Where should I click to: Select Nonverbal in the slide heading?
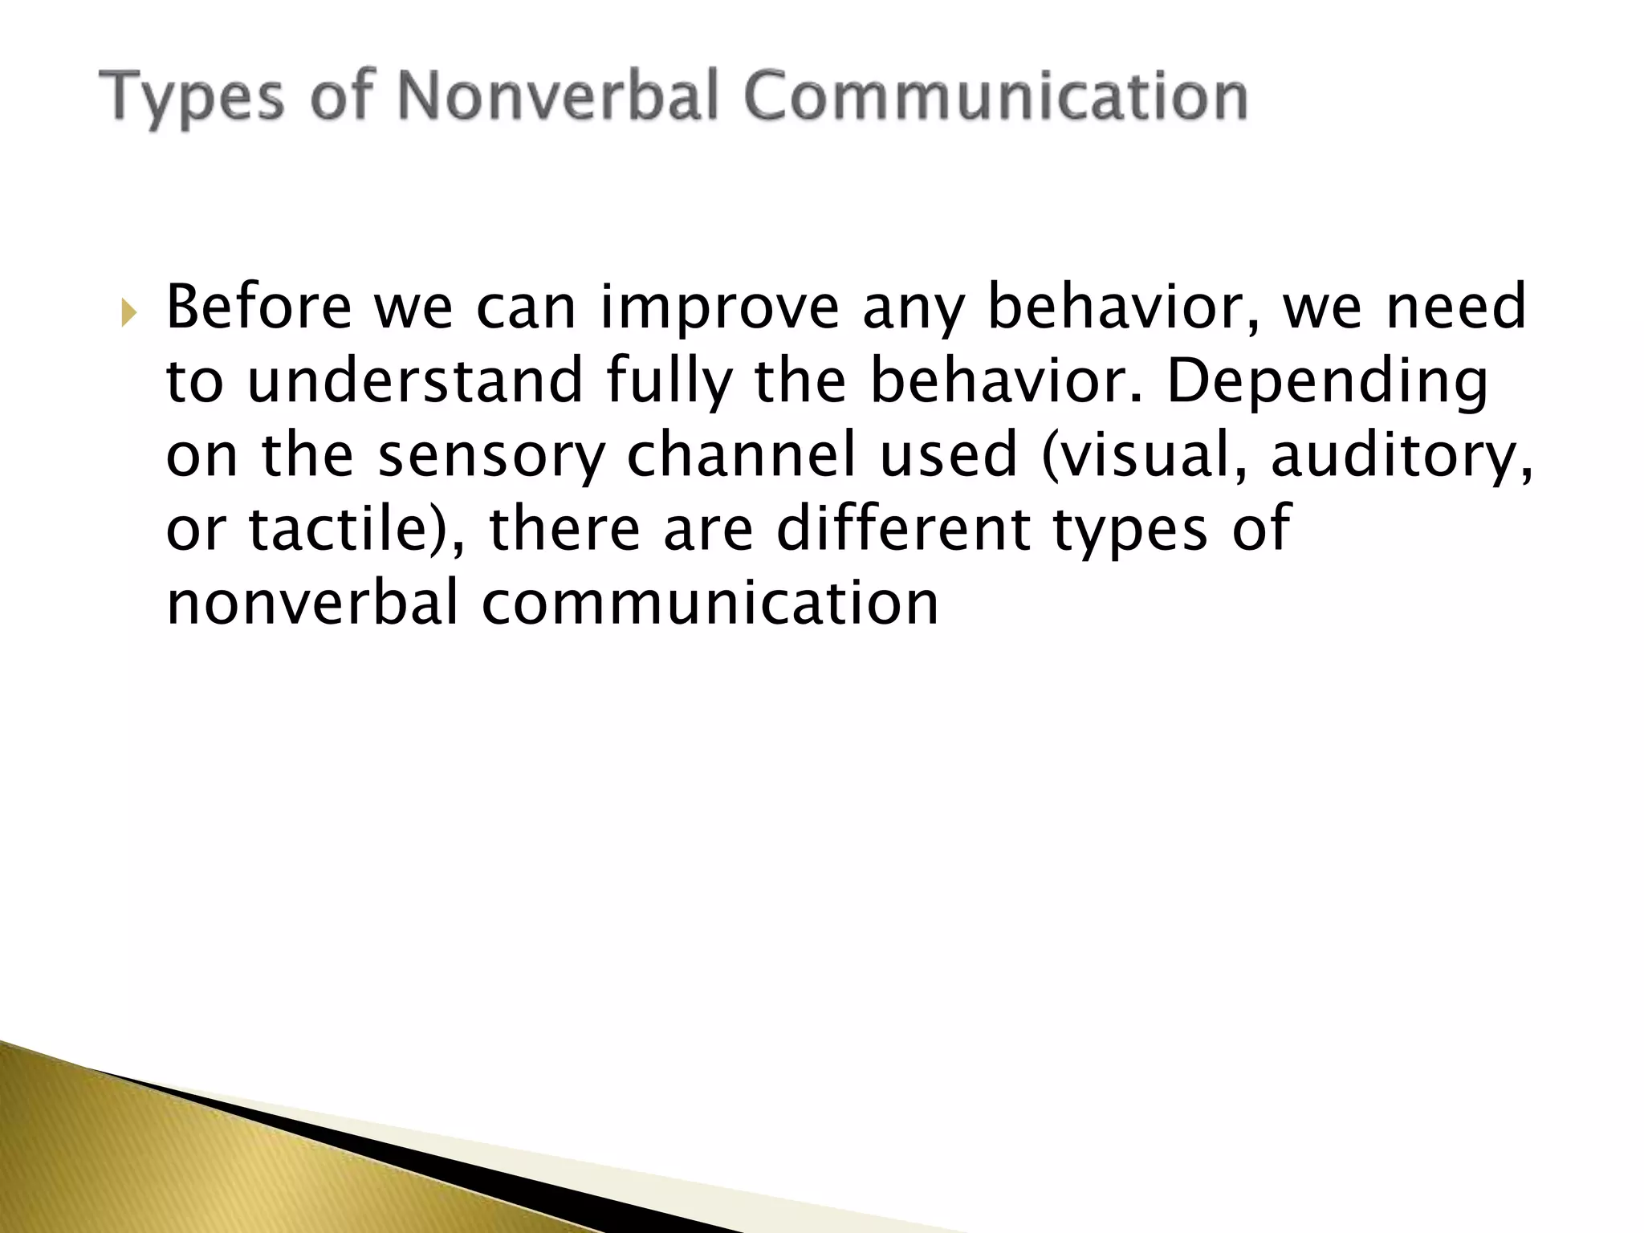pos(554,96)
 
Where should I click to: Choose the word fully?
pos(669,383)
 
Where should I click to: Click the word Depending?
pos(1327,383)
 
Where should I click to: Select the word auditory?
pos(1401,457)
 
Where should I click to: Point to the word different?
pos(904,530)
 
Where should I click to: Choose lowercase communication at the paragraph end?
pos(710,604)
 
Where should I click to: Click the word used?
pos(948,455)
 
